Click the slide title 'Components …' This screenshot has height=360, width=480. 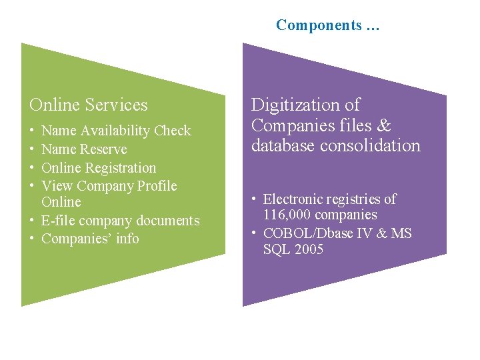pos(327,25)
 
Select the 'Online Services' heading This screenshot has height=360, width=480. pos(89,105)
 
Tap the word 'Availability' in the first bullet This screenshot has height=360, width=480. pos(116,131)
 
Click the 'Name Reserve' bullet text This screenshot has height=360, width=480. pos(84,149)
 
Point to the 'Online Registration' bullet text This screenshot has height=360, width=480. pos(99,168)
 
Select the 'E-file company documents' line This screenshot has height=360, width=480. pos(120,221)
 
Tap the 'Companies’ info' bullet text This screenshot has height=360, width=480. pos(90,239)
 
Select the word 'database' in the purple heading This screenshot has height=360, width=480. pos(282,145)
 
